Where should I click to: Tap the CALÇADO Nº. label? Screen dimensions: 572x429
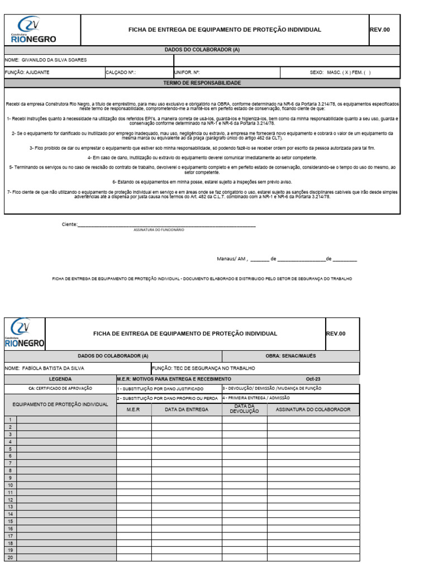121,73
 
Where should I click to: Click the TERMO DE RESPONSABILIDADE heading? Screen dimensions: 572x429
202,83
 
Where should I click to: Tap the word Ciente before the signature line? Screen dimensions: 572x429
68,225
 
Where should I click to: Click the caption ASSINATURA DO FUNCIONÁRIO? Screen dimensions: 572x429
159,230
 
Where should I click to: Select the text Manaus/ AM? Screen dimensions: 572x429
231,259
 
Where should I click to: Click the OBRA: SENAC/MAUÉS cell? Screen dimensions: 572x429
290,356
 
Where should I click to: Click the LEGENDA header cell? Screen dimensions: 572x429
60,378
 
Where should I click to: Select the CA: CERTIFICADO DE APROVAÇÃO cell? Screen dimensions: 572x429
60,388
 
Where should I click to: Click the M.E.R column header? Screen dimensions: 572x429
134,409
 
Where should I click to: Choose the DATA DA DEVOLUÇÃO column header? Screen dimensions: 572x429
244,409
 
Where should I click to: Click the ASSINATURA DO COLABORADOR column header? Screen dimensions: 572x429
313,409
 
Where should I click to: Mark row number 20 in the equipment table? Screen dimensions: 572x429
10,557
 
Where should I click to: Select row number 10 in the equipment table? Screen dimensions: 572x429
10,485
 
